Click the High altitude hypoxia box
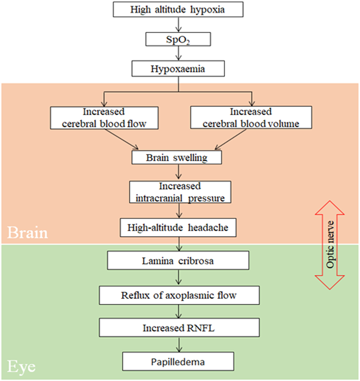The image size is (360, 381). tap(178, 9)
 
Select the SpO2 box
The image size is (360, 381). tap(178, 39)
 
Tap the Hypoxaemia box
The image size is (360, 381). tap(178, 68)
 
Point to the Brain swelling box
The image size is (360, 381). tap(177, 158)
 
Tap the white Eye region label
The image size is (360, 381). tap(21, 367)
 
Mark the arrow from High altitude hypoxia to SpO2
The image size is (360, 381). tap(179, 24)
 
